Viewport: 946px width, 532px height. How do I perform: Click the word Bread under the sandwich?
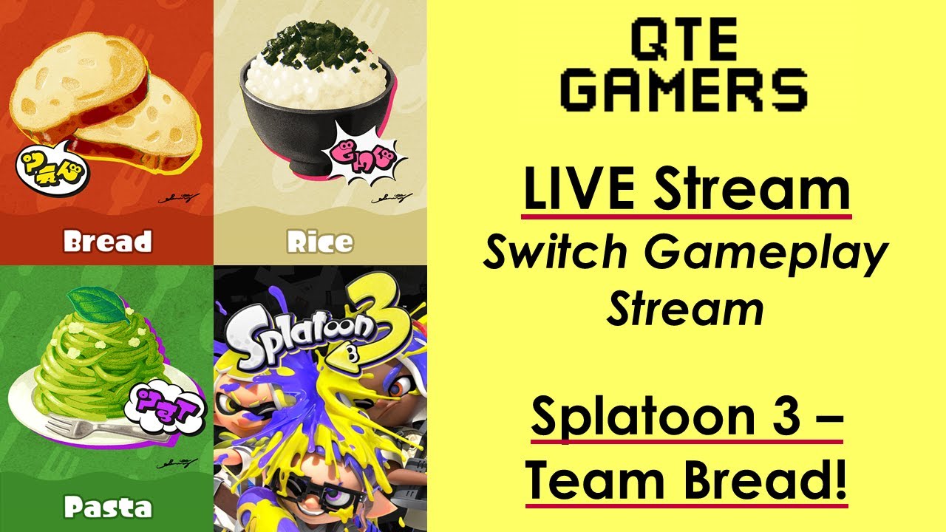coord(107,242)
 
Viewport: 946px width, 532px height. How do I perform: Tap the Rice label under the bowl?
coord(320,242)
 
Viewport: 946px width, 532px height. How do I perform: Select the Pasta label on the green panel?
coord(107,508)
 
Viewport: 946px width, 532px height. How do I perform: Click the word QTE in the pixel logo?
coord(683,42)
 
